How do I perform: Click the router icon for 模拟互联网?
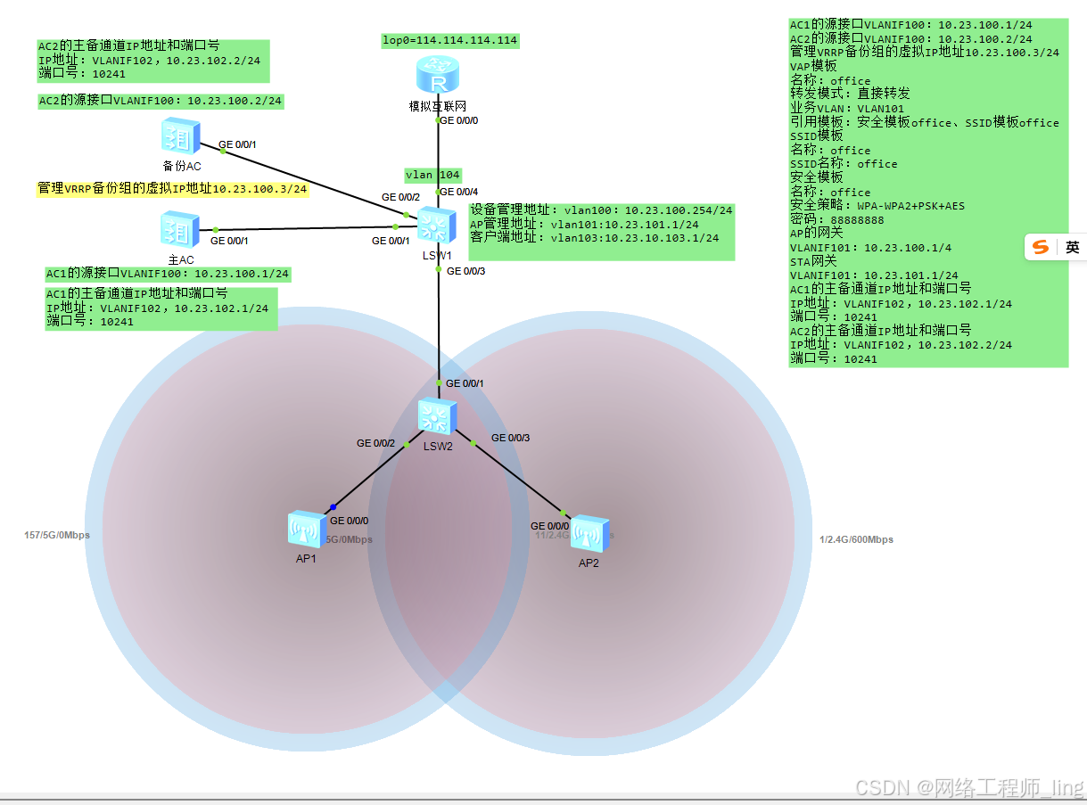pyautogui.click(x=437, y=76)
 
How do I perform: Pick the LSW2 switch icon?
pyautogui.click(x=438, y=416)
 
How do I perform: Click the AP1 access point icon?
pyautogui.click(x=307, y=530)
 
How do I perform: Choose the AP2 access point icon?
pyautogui.click(x=589, y=533)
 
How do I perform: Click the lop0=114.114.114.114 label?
pyautogui.click(x=449, y=41)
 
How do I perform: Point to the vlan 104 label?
pyautogui.click(x=432, y=175)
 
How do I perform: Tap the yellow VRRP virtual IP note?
pyautogui.click(x=172, y=189)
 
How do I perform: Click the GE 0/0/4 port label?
pyautogui.click(x=460, y=192)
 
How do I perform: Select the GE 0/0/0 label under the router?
pyautogui.click(x=458, y=120)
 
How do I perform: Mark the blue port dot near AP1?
pyautogui.click(x=333, y=507)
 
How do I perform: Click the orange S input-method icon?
pyautogui.click(x=1040, y=248)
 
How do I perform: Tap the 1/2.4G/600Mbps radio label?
pyautogui.click(x=856, y=540)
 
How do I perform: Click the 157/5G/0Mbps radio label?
pyautogui.click(x=56, y=536)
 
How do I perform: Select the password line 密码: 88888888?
pyautogui.click(x=836, y=220)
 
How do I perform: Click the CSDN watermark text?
pyautogui.click(x=968, y=788)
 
